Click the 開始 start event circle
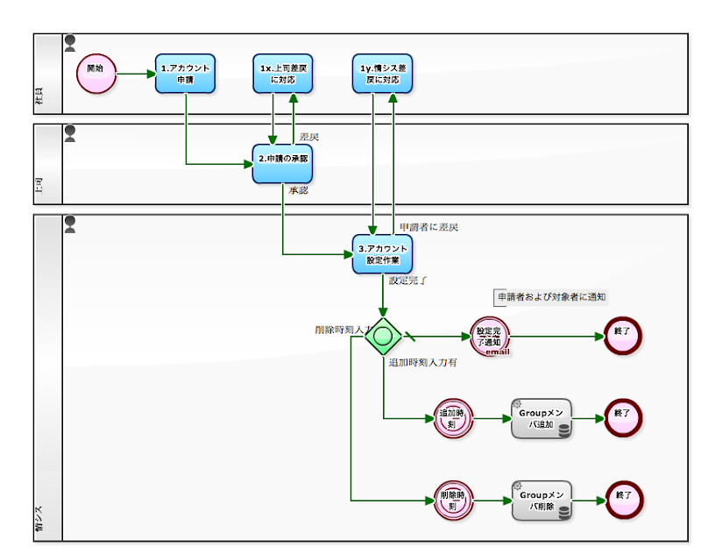(96, 74)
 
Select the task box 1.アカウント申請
(186, 74)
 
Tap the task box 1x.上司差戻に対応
(282, 74)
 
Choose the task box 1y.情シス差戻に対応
(382, 74)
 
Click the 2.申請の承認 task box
(282, 164)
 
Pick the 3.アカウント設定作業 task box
(382, 253)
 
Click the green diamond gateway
(383, 336)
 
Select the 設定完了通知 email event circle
(488, 337)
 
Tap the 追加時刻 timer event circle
(453, 418)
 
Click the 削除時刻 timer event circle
(453, 501)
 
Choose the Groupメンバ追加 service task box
(542, 418)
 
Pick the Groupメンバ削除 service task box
(542, 501)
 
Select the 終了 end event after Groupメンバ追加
(622, 418)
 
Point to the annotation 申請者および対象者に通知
(551, 297)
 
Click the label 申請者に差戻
(428, 227)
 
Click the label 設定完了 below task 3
(407, 281)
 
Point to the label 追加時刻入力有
(422, 362)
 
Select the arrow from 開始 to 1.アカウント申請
(135, 74)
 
